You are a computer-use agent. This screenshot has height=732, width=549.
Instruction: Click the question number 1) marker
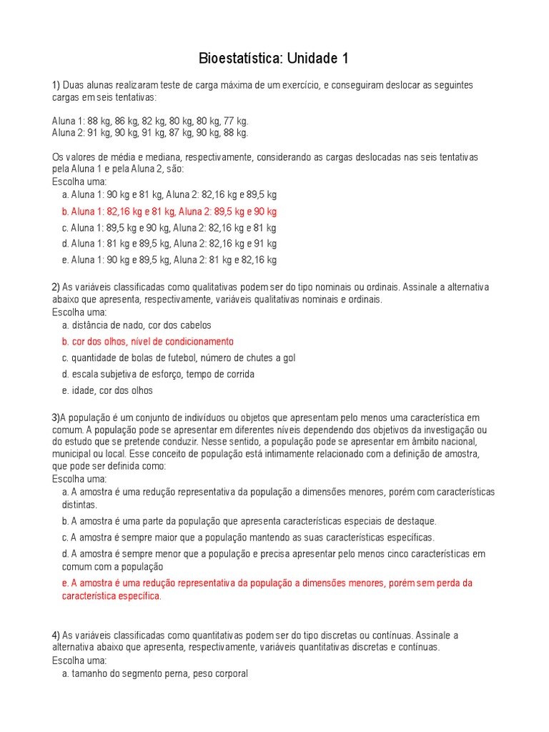[56, 85]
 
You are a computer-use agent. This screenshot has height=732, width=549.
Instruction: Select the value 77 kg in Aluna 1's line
[235, 122]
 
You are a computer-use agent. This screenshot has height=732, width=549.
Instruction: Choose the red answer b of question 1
[169, 212]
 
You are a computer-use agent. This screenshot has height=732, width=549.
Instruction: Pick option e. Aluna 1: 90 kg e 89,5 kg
[169, 260]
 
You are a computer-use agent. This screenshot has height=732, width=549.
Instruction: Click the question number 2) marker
[56, 287]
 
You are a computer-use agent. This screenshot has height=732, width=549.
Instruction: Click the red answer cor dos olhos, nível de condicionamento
[148, 342]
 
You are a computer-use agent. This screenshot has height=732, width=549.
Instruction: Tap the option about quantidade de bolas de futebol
[179, 358]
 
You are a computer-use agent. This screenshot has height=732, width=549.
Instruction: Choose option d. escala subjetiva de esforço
[158, 375]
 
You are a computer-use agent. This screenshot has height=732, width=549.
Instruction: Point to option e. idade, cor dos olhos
[107, 391]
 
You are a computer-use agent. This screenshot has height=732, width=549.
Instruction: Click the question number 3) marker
[56, 417]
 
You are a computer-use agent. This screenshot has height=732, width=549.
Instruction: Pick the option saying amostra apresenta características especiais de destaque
[249, 521]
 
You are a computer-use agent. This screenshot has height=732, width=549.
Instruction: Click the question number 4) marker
[56, 635]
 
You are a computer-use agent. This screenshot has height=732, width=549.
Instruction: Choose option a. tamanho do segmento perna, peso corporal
[155, 673]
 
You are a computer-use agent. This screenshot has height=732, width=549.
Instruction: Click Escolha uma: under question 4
[79, 661]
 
